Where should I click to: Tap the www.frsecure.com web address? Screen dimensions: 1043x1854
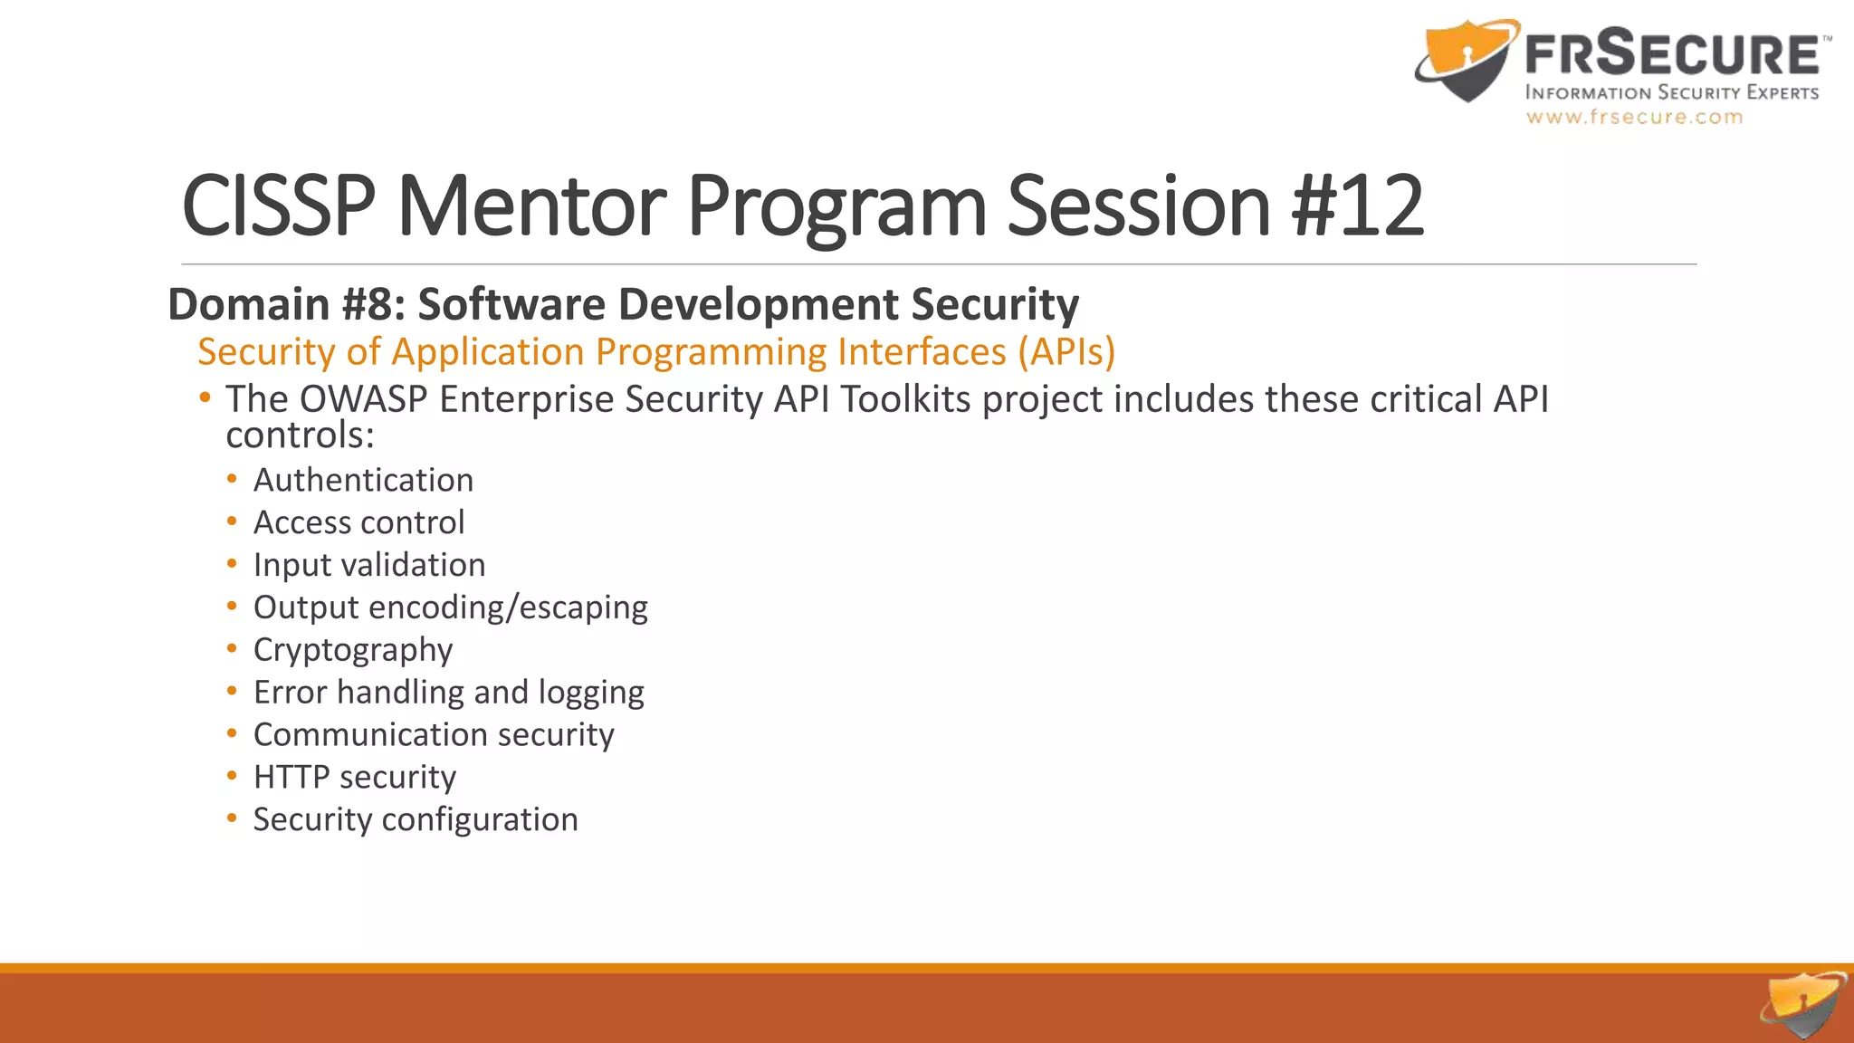[x=1634, y=117]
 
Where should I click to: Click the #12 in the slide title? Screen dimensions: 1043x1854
[x=1358, y=206]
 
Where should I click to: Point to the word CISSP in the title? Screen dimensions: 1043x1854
[x=278, y=206]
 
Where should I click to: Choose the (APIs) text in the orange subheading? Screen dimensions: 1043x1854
[x=1066, y=352]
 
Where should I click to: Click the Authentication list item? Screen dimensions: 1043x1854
[x=363, y=480]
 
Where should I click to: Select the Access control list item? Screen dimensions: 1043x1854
[x=358, y=522]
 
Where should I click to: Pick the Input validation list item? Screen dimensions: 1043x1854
[x=369, y=565]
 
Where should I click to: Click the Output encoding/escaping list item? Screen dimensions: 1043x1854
[x=450, y=608]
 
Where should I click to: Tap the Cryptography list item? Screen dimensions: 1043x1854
[x=353, y=650]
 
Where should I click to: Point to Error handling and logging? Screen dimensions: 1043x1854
[x=448, y=693]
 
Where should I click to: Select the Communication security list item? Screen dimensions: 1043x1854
[x=434, y=734]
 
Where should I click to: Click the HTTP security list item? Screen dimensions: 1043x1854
[x=355, y=777]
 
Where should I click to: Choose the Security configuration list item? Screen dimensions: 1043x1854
[x=416, y=819]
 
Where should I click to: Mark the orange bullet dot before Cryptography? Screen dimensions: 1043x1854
[x=233, y=648]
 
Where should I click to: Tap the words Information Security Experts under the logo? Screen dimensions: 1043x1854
[x=1671, y=92]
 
